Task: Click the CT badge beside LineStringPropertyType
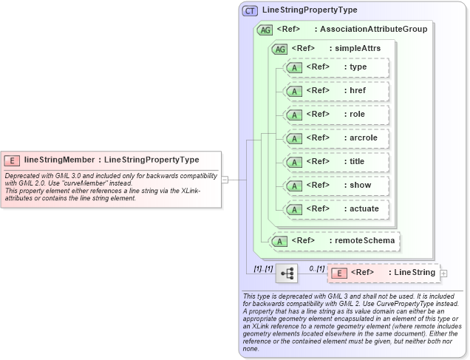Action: click(251, 10)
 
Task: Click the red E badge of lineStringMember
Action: click(12, 160)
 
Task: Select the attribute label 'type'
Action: click(358, 67)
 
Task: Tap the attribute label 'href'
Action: click(358, 91)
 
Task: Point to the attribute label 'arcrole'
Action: click(364, 138)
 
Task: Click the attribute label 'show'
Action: click(360, 186)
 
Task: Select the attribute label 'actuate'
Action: click(364, 209)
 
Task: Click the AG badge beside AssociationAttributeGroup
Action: click(265, 30)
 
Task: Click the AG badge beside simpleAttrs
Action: click(280, 49)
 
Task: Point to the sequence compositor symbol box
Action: click(286, 274)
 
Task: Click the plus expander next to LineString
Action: click(444, 274)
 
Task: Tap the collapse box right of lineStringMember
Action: click(225, 179)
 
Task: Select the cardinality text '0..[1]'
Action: click(316, 268)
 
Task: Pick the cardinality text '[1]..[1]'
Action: click(263, 268)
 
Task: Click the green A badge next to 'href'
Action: click(294, 91)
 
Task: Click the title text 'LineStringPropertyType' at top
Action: click(310, 10)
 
